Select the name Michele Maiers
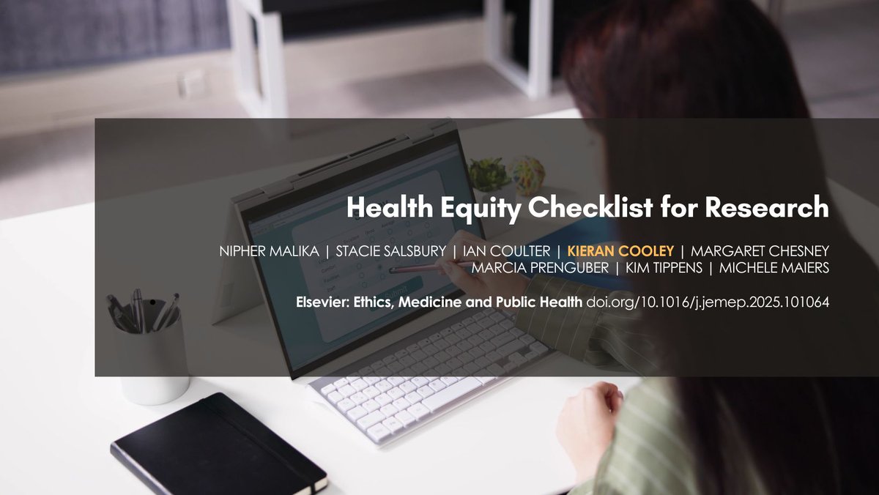click(774, 269)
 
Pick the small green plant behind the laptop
click(489, 173)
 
